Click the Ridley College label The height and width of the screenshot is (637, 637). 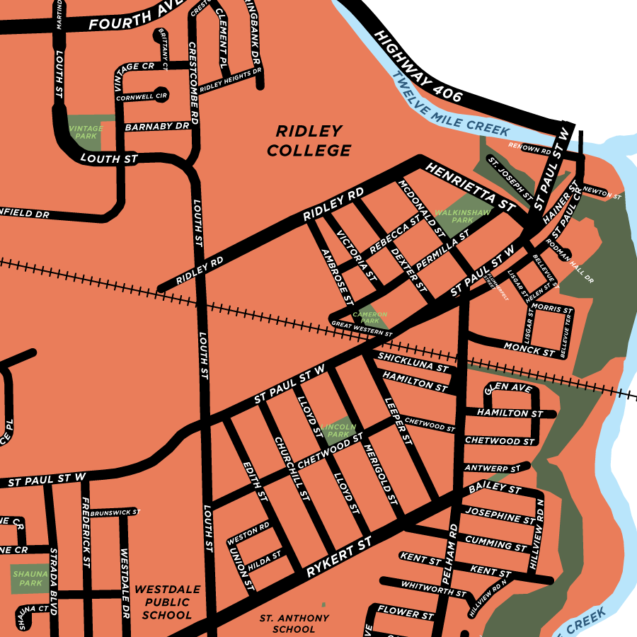[309, 141]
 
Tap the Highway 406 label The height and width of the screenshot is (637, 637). [418, 67]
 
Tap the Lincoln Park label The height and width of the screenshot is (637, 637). [335, 430]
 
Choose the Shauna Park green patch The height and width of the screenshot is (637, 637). [30, 578]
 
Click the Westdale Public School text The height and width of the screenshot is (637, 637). [167, 602]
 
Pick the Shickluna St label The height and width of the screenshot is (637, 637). [413, 363]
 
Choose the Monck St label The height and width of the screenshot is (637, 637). [529, 348]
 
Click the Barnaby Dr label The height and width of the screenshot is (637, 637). [157, 127]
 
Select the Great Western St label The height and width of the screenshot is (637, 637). [362, 328]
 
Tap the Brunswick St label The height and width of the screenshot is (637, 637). [115, 512]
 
